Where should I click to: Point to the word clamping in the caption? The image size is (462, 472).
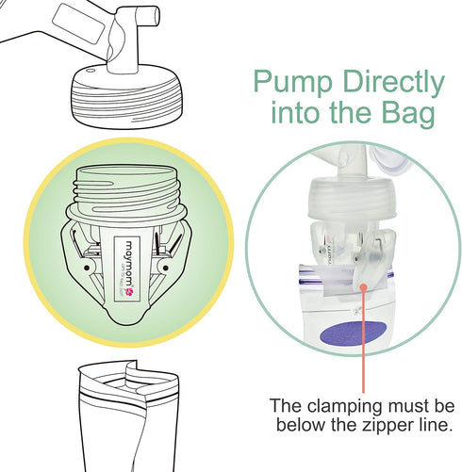345,406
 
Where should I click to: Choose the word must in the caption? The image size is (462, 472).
402,406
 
